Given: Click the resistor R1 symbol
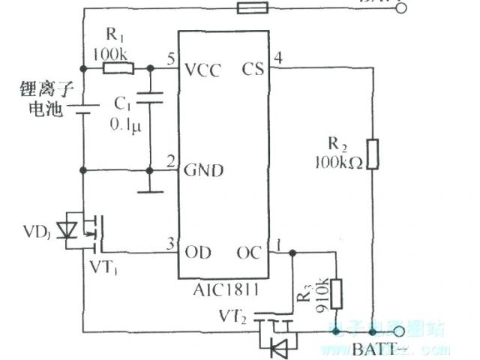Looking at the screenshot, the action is click(x=118, y=69).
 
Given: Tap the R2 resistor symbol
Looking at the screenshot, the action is click(x=373, y=153).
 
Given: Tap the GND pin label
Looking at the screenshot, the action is click(x=203, y=170).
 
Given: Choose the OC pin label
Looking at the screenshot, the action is click(x=250, y=252).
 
